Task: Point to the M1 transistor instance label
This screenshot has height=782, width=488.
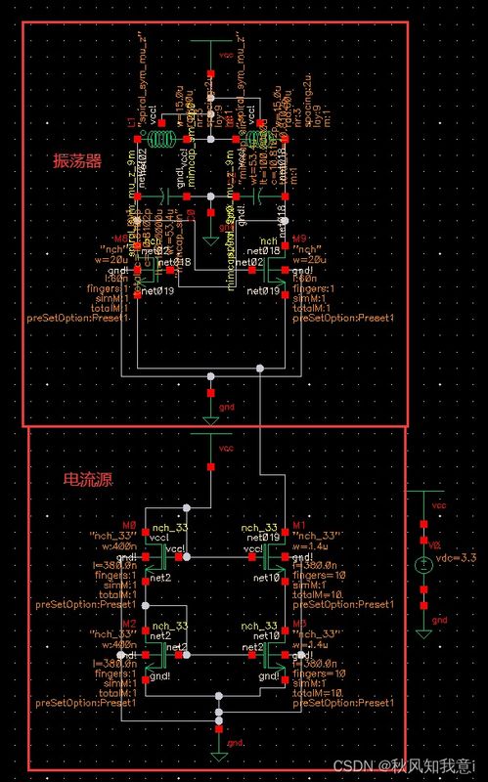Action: point(299,524)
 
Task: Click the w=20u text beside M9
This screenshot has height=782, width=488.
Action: point(311,259)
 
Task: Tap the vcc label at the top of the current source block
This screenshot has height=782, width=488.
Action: point(227,449)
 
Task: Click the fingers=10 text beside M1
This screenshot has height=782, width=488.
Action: point(319,575)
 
